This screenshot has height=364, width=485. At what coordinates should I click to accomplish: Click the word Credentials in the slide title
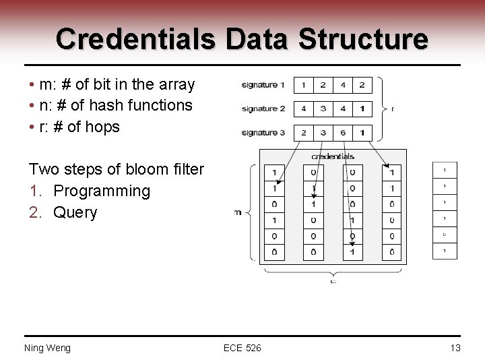[x=136, y=39]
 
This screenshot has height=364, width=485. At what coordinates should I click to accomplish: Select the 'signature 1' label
[x=263, y=85]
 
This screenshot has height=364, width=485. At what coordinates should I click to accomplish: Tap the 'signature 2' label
[x=263, y=109]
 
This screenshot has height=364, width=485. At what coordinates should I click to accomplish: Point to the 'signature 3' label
[x=263, y=133]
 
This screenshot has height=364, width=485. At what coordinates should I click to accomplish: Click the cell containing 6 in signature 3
[x=342, y=133]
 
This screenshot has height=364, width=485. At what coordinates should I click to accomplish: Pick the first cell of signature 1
[x=303, y=85]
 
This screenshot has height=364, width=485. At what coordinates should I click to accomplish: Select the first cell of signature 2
[x=303, y=109]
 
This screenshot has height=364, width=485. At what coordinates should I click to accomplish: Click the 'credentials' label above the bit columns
[x=333, y=156]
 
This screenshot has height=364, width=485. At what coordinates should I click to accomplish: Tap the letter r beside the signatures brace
[x=393, y=108]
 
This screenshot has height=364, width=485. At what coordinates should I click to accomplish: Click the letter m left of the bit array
[x=238, y=213]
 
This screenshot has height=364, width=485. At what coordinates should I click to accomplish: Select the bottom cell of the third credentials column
[x=352, y=252]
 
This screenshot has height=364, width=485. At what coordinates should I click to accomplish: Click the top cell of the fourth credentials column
[x=391, y=173]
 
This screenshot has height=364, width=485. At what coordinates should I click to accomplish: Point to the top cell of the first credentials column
[x=274, y=173]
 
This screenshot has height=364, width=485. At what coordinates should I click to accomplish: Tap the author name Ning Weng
[x=47, y=348]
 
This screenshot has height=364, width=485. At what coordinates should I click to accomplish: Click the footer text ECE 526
[x=243, y=348]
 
